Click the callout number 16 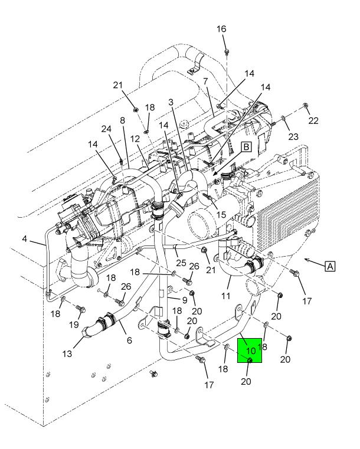(221, 29)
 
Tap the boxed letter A (330, 266)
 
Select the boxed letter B (246, 147)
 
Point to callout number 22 (313, 120)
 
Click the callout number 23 (293, 137)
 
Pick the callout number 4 (25, 238)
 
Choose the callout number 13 (67, 354)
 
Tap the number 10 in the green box (251, 351)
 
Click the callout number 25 (181, 263)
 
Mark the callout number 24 (106, 129)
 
